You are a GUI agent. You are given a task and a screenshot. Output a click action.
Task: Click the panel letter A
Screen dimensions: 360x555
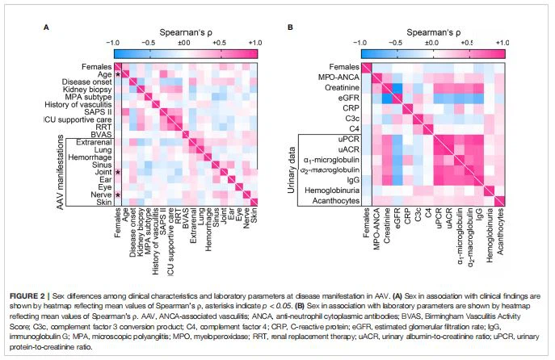46,27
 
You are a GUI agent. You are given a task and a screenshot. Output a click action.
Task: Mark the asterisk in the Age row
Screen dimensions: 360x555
118,74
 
